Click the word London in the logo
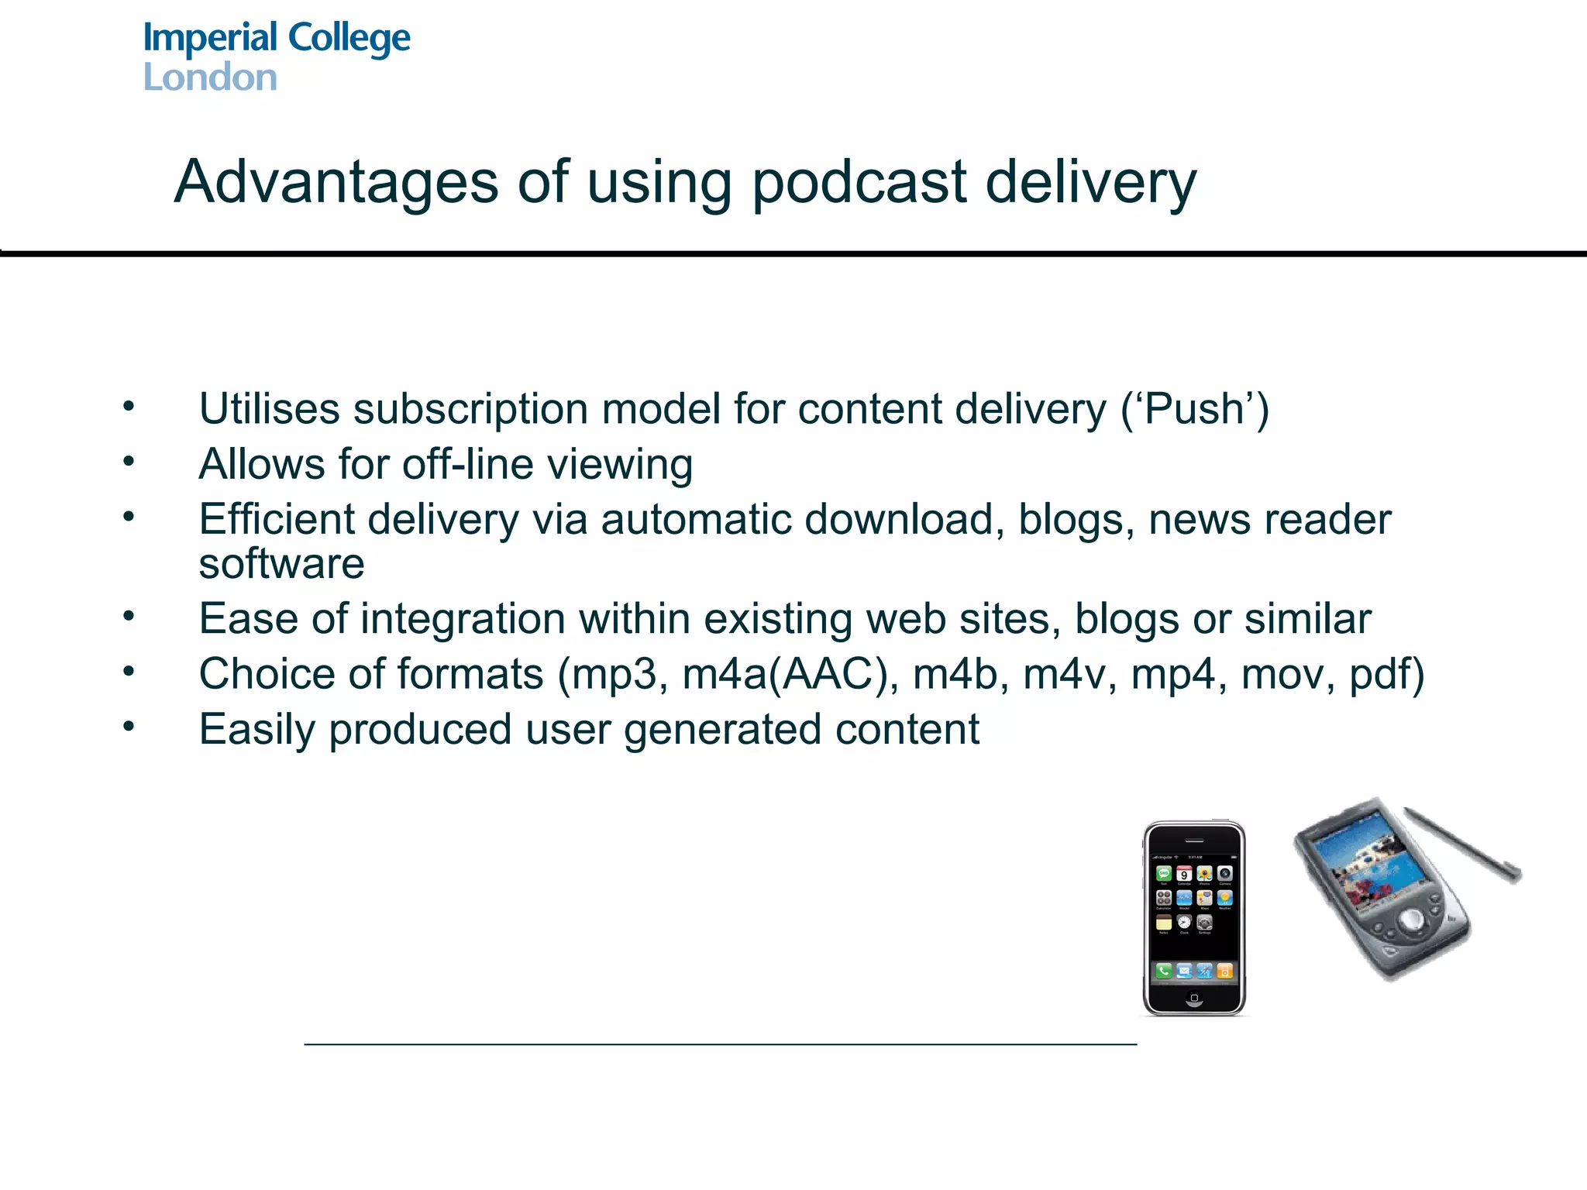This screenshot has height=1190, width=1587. (x=210, y=77)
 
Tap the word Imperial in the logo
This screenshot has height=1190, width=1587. (x=210, y=37)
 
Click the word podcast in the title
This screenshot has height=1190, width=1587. (x=859, y=183)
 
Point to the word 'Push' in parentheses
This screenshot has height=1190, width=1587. (x=1193, y=408)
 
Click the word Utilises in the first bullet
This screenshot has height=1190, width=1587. (x=269, y=408)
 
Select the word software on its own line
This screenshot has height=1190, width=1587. (x=281, y=563)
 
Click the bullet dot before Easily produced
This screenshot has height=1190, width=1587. (x=129, y=726)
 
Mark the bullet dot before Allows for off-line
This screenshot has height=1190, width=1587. (x=129, y=461)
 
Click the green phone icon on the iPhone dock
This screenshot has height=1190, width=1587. (x=1164, y=970)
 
